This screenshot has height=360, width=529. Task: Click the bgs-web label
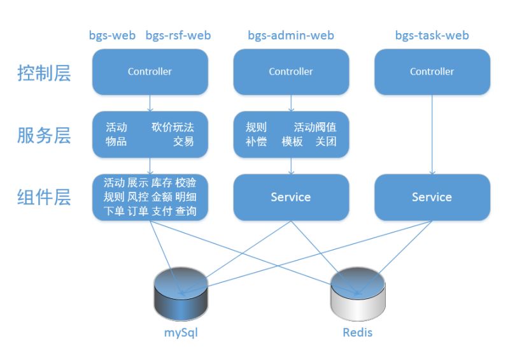point(112,36)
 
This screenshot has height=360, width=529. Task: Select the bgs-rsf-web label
point(178,36)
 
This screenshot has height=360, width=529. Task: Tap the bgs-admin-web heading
point(291,36)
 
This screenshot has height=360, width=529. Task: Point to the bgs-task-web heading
point(432,36)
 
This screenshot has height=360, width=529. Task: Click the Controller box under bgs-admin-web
point(291,72)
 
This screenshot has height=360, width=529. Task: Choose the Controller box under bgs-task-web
point(432,72)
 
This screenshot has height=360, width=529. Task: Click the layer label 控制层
point(44,73)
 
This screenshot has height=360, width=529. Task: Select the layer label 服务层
point(44,135)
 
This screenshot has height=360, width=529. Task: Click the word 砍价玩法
point(173,127)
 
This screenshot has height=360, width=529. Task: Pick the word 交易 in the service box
point(183,141)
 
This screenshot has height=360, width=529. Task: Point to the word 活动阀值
point(315,127)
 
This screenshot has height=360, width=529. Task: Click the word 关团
point(326,141)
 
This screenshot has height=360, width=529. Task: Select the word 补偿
point(256,141)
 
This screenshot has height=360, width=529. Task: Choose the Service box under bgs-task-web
point(432,198)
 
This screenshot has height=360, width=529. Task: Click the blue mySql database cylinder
point(180,295)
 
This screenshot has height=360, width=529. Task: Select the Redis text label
point(358,333)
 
